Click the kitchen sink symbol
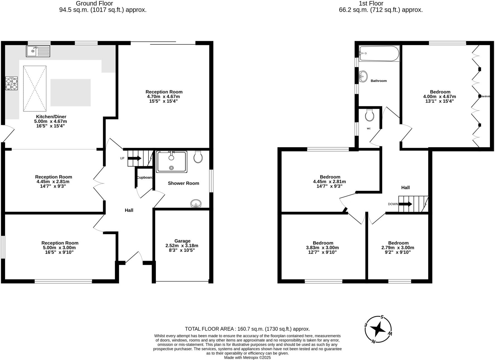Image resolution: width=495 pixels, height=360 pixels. [38, 51]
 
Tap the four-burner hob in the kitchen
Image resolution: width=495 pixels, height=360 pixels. [11, 83]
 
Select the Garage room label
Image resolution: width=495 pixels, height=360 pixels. [182, 241]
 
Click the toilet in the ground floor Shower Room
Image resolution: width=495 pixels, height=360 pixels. [198, 157]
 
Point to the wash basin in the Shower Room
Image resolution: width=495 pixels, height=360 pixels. [196, 204]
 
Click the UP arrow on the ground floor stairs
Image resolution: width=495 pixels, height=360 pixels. [135, 158]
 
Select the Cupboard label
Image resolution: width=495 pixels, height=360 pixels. [145, 177]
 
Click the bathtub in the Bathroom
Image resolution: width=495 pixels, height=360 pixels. [379, 53]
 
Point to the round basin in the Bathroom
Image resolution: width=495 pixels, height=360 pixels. [363, 76]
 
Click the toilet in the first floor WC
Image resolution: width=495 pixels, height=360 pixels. [370, 115]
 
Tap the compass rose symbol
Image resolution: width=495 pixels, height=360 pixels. [378, 329]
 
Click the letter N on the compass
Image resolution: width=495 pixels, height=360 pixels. [373, 342]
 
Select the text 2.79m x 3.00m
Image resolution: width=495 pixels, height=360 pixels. [398, 248]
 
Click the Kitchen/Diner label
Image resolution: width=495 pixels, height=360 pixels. [51, 117]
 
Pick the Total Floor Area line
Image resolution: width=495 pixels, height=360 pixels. [247, 329]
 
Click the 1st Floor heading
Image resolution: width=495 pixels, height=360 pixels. [371, 4]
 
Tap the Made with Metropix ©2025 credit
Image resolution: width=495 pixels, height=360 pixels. [247, 357]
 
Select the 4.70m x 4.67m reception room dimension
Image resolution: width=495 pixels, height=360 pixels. [163, 97]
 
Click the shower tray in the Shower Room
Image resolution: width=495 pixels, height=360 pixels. [171, 162]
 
